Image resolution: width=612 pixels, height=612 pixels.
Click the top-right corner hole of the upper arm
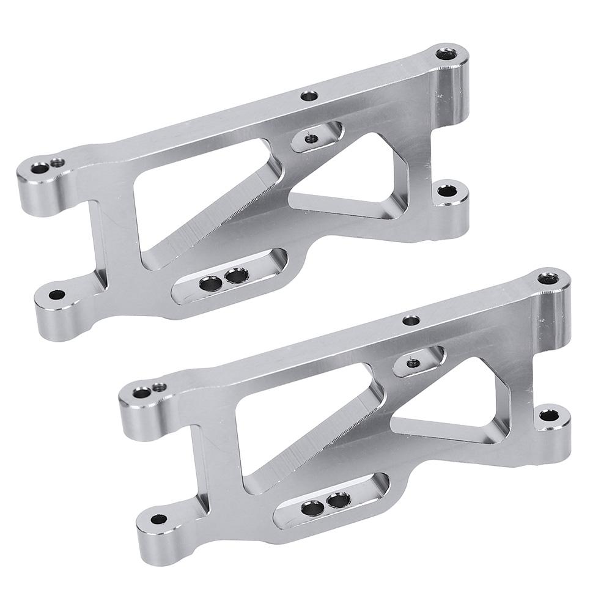pos(447,54)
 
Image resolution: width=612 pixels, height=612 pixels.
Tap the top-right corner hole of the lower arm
pos(548,279)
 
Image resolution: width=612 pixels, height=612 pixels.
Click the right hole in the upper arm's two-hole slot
pos(236,276)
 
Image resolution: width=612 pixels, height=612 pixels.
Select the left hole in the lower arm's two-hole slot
pos(313,507)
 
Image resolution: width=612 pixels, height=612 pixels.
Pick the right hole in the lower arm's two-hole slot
pos(337,501)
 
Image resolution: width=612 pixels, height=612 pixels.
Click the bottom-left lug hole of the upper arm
pos(57,295)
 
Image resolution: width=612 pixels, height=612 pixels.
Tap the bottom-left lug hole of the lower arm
pos(158,519)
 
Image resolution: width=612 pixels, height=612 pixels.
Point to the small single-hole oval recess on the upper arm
pos(310,139)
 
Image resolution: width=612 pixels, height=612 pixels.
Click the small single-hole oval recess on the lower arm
pos(412,363)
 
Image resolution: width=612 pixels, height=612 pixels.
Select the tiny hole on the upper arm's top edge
pos(309,95)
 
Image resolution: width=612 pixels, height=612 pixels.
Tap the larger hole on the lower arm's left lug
pos(142,392)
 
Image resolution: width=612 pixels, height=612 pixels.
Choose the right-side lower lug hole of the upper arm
pos(448,192)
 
